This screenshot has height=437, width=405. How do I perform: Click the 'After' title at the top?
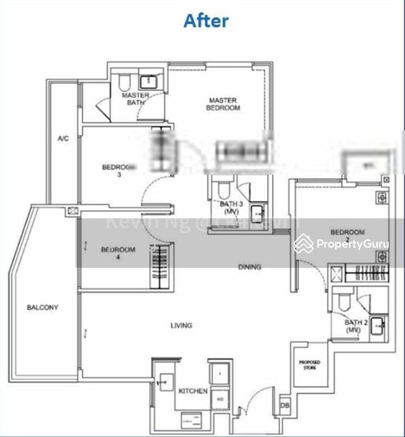click(206, 20)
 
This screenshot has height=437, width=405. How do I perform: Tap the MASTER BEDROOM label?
click(224, 104)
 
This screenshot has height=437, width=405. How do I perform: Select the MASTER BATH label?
click(135, 99)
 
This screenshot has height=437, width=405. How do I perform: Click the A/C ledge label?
click(63, 138)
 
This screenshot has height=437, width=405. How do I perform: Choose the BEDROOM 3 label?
click(118, 170)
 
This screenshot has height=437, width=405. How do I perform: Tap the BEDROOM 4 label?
click(118, 253)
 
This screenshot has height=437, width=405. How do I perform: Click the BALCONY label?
click(42, 307)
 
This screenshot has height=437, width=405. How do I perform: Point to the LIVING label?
click(181, 326)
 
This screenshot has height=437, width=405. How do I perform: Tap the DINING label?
click(249, 267)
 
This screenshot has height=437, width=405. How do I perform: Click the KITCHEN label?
click(193, 391)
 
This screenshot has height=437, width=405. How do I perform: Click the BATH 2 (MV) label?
click(354, 326)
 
